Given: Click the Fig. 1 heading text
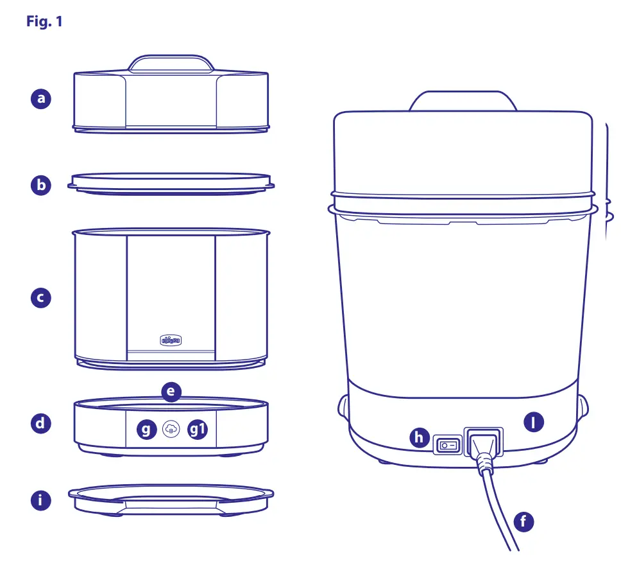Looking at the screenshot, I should pos(44,21).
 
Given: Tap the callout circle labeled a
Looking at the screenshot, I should pos(42,99).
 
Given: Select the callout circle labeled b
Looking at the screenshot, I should pos(42,185).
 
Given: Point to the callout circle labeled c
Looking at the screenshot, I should pos(42,298).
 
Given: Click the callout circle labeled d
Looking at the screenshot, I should pos(42,423).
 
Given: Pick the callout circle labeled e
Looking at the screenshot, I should pos(172,390).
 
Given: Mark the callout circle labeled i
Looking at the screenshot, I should pos(42,500).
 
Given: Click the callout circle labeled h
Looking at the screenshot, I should pos(420,439).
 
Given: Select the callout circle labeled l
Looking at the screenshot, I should pos(534,422).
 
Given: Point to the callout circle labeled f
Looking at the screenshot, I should pos(524,521).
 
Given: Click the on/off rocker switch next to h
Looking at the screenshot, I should pos(447,444).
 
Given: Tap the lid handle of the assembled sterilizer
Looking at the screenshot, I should pos(463,100).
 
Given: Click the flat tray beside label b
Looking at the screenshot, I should pos(171,181).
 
